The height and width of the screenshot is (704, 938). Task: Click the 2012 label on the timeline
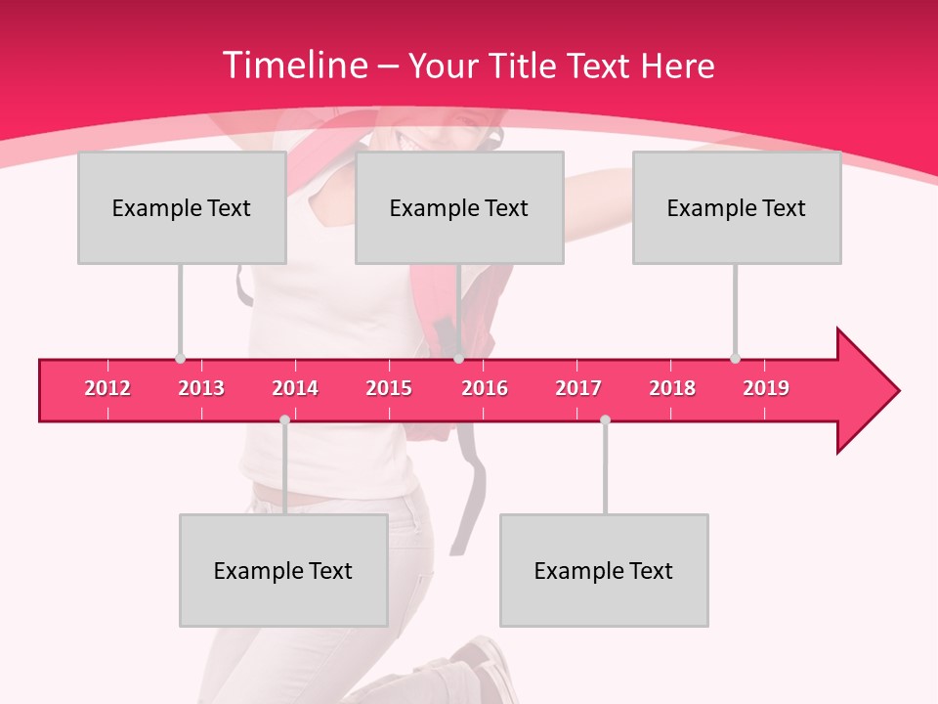107,388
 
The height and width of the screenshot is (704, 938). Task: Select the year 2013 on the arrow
201,388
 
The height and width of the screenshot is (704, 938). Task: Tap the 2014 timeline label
295,388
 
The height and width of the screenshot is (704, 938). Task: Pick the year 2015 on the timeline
389,388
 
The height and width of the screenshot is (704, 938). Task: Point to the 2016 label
485,388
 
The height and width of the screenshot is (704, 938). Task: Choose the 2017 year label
578,388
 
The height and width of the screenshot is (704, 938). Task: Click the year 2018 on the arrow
672,388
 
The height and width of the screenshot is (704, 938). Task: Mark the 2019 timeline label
766,388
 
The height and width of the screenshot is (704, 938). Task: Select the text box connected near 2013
182,207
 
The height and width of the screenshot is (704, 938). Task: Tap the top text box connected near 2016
459,207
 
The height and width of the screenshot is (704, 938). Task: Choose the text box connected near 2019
737,207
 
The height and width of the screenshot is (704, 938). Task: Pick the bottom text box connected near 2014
283,570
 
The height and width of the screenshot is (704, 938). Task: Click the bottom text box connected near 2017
604,570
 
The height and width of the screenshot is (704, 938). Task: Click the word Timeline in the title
294,66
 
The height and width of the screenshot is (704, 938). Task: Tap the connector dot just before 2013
180,359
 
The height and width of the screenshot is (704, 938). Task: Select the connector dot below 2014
284,419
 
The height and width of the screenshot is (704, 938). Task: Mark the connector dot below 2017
605,419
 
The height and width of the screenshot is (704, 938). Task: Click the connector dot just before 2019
735,359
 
